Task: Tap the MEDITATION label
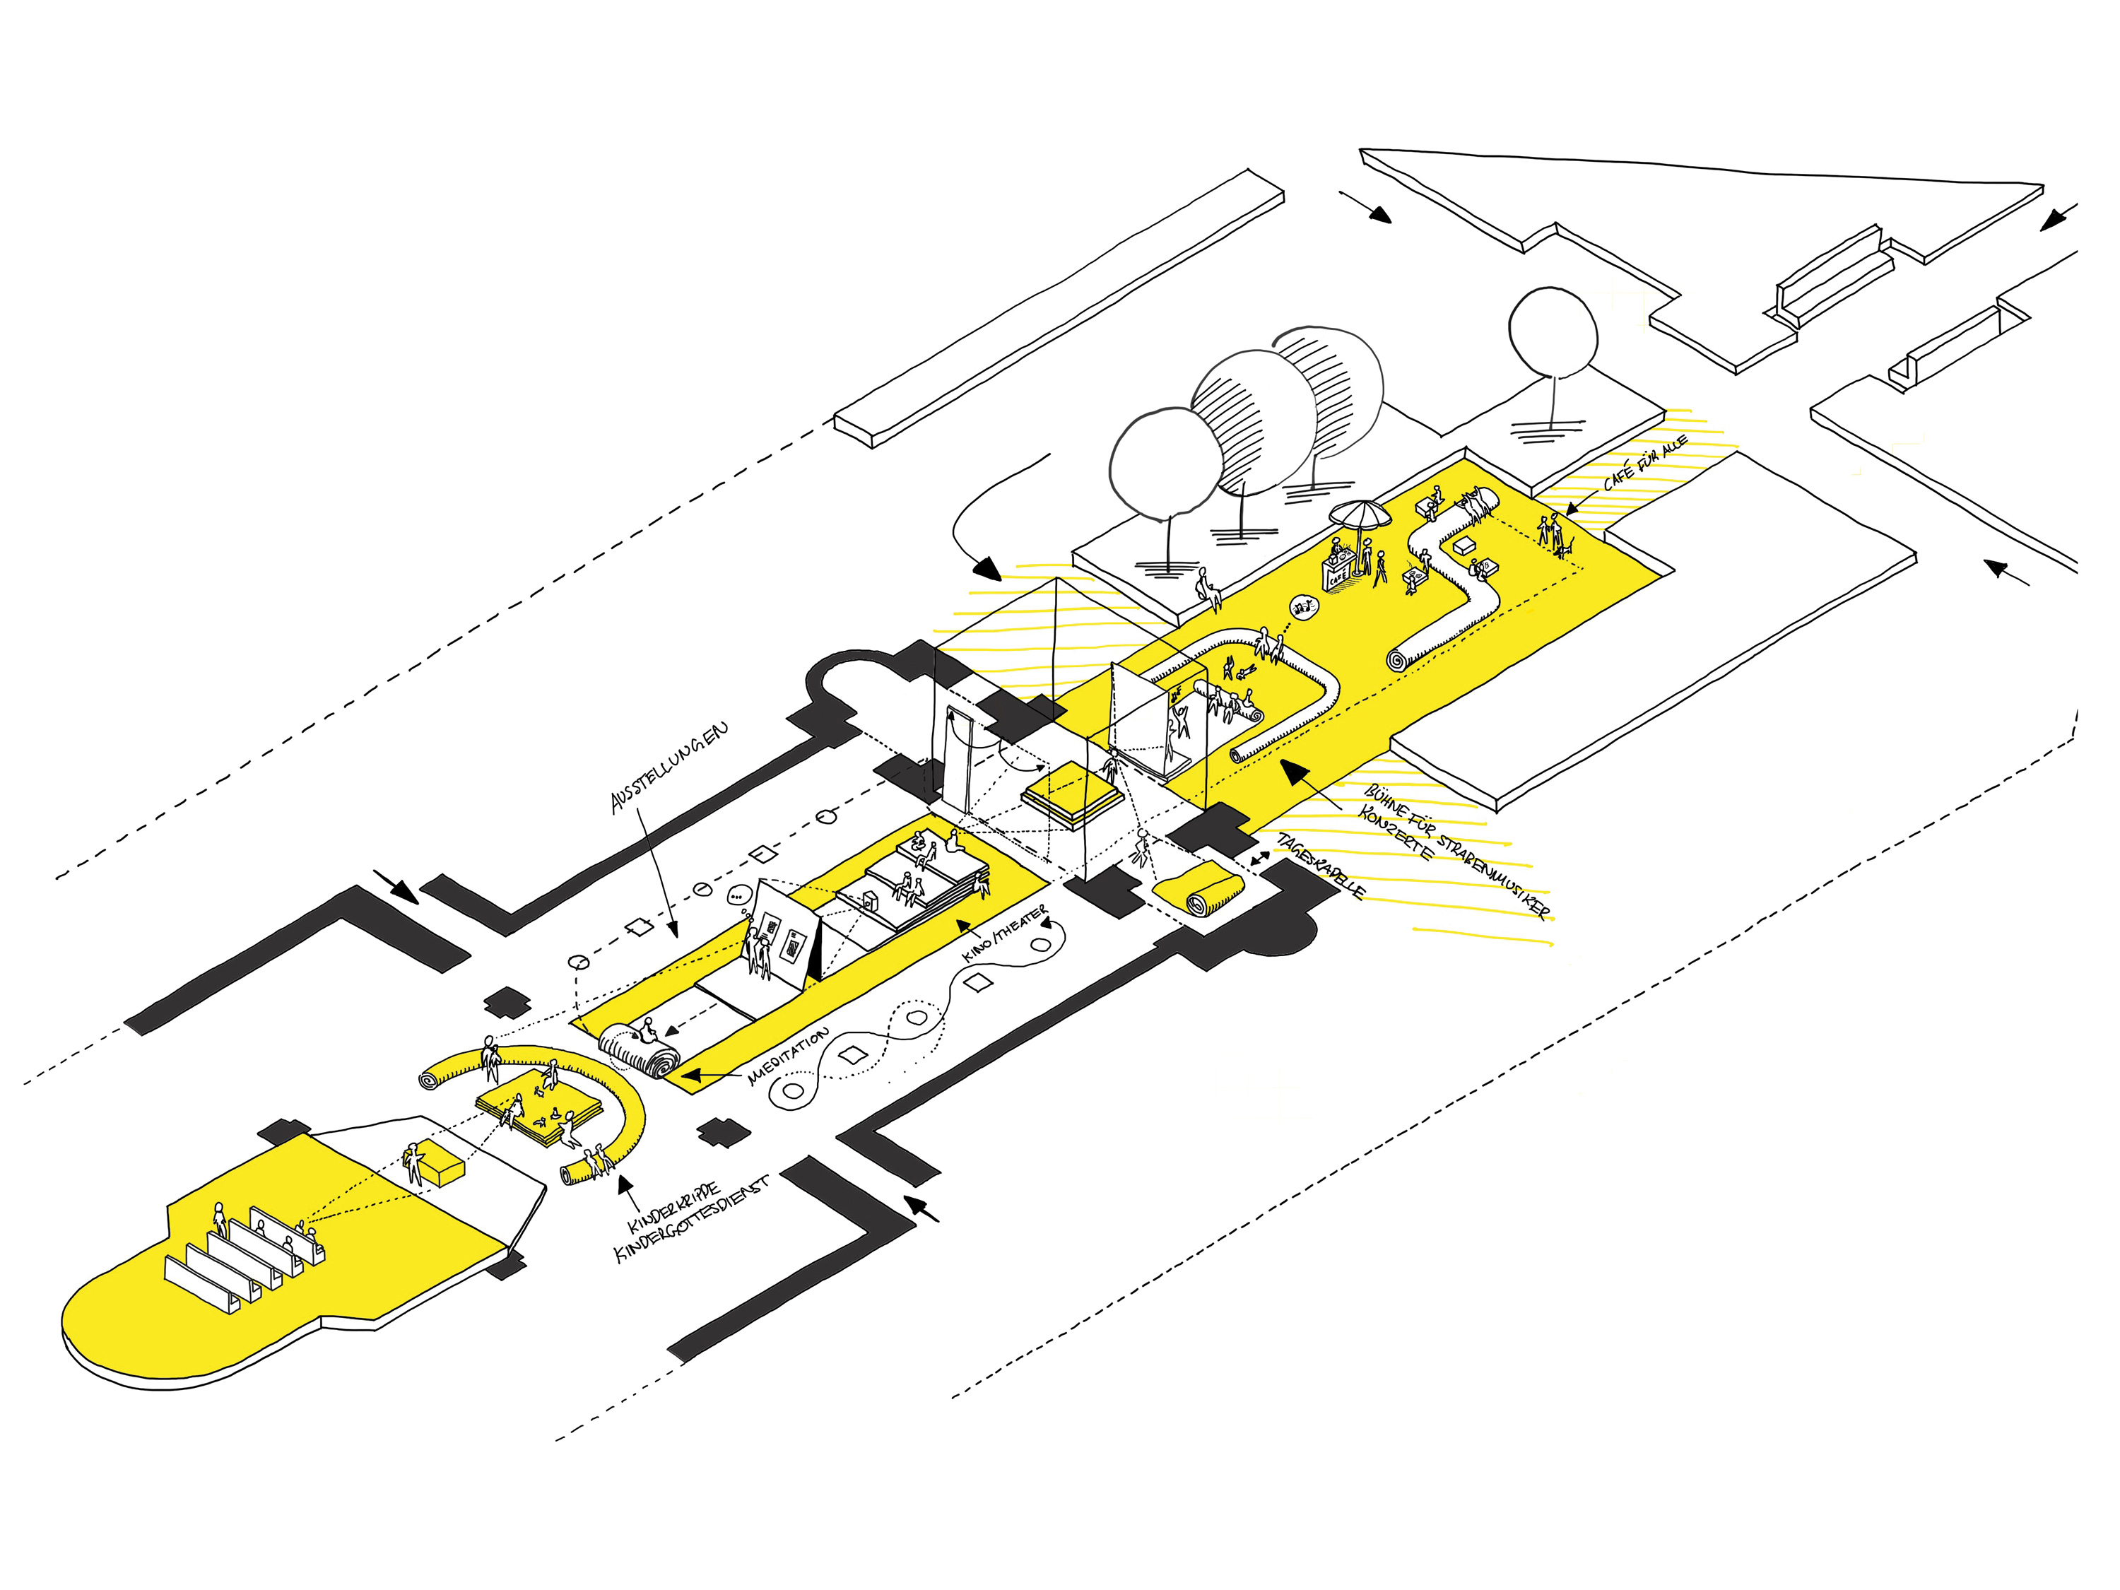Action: point(788,1056)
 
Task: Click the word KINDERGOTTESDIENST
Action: point(692,1221)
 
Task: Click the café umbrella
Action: point(1359,516)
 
